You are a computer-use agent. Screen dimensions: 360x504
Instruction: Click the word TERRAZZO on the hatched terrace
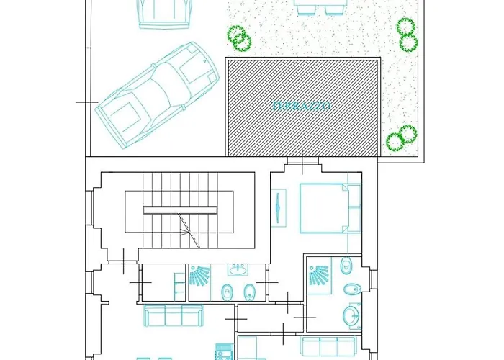click(x=302, y=105)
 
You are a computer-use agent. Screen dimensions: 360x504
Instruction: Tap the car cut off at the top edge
click(x=165, y=12)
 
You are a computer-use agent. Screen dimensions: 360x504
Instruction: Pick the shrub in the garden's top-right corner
click(x=407, y=35)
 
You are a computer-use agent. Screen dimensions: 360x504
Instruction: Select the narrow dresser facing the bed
click(x=278, y=210)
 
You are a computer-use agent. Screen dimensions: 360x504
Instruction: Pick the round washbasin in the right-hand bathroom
click(x=351, y=315)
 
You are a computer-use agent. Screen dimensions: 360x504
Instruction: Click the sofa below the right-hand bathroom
click(x=330, y=344)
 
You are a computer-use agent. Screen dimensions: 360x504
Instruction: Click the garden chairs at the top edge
click(x=317, y=7)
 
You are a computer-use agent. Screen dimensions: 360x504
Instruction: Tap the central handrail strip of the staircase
click(x=179, y=210)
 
